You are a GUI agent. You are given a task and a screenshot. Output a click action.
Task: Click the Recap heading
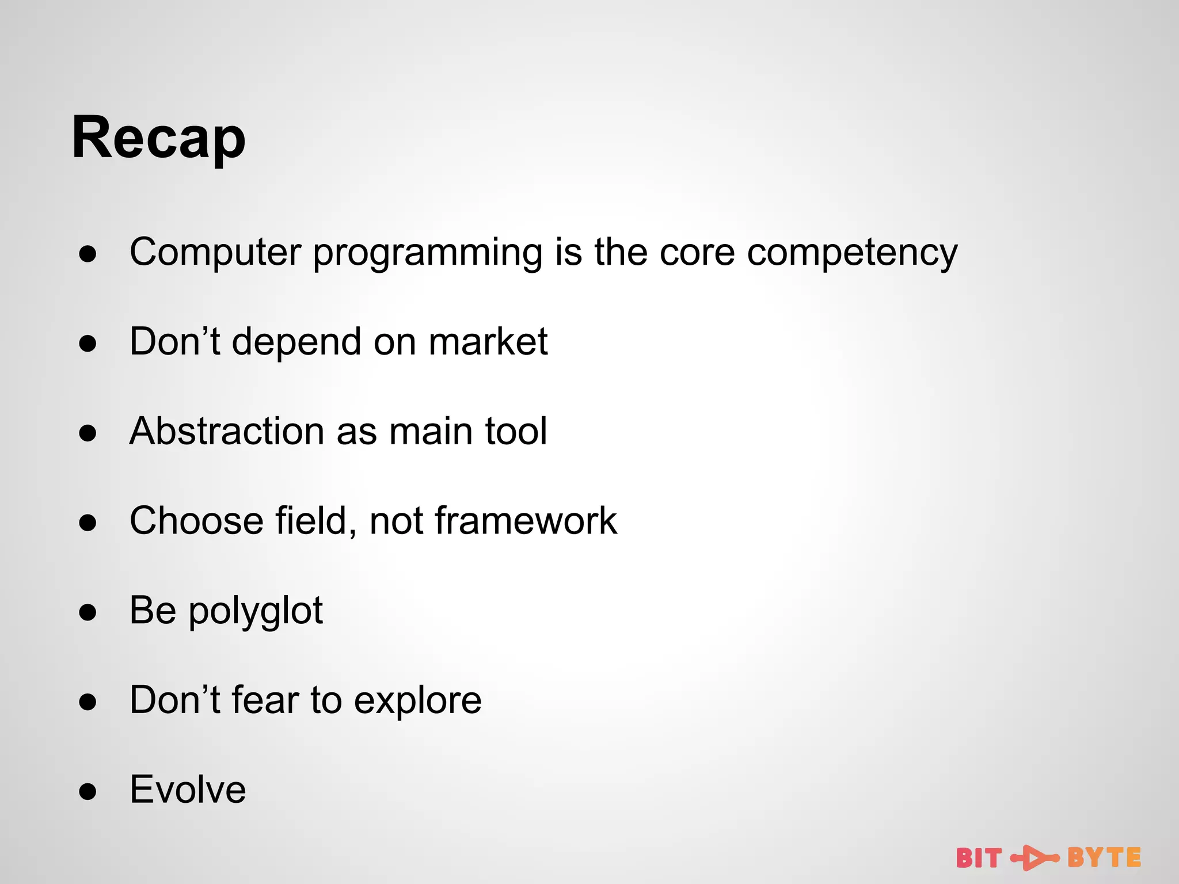(158, 138)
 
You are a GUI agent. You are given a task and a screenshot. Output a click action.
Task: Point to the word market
(488, 342)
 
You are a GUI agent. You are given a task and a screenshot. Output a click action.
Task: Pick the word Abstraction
(227, 431)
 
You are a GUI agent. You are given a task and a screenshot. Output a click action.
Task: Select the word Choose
(196, 521)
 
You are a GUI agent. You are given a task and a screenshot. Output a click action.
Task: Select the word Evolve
(188, 790)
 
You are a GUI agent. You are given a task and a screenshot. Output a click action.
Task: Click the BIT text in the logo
(979, 858)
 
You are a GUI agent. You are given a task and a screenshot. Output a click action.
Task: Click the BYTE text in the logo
(1104, 858)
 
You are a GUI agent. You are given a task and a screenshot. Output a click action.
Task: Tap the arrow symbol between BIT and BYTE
(1035, 858)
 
